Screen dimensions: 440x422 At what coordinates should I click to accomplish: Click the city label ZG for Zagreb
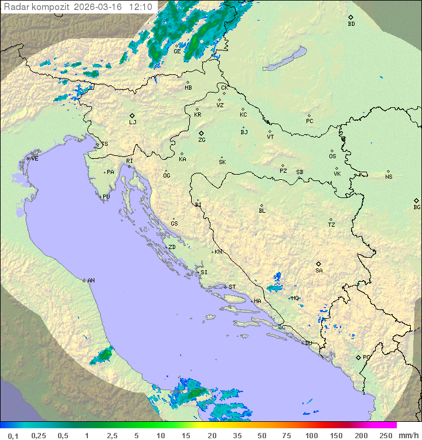pyautogui.click(x=202, y=140)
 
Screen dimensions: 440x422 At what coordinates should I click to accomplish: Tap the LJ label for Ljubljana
pyautogui.click(x=132, y=122)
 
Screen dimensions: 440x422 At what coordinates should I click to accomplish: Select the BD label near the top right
pyautogui.click(x=351, y=24)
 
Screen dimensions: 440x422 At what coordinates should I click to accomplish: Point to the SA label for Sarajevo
pyautogui.click(x=319, y=271)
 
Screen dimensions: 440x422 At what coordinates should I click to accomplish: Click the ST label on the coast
pyautogui.click(x=232, y=287)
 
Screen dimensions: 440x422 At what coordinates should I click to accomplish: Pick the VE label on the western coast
pyautogui.click(x=35, y=159)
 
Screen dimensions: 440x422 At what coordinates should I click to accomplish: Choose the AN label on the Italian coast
pyautogui.click(x=91, y=281)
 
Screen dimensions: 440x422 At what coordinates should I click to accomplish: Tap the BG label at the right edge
pyautogui.click(x=417, y=207)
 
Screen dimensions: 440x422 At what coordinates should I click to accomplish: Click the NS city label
pyautogui.click(x=389, y=177)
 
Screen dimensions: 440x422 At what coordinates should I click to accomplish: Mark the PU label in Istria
pyautogui.click(x=106, y=197)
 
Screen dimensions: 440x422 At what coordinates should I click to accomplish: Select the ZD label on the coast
pyautogui.click(x=172, y=247)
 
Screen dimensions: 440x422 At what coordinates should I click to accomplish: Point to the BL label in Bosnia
pyautogui.click(x=262, y=211)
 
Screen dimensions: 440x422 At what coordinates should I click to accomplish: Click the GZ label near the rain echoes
pyautogui.click(x=177, y=51)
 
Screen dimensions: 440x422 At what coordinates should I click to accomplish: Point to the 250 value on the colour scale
pyautogui.click(x=385, y=435)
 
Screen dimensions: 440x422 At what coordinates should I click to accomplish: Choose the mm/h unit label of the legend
pyautogui.click(x=408, y=435)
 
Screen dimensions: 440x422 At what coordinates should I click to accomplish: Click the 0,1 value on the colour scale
pyautogui.click(x=13, y=435)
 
